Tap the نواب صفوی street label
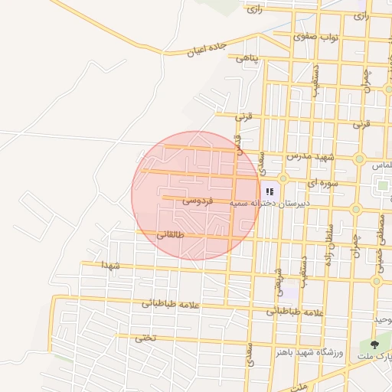pyautogui.click(x=318, y=37)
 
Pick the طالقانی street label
pyautogui.click(x=171, y=235)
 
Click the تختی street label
pyautogui.click(x=144, y=337)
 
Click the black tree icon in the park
pyautogui.click(x=375, y=345)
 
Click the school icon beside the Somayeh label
pyautogui.click(x=269, y=191)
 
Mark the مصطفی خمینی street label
pyautogui.click(x=381, y=230)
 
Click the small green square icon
pyautogui.click(x=383, y=185)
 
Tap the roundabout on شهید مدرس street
pyautogui.click(x=359, y=158)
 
